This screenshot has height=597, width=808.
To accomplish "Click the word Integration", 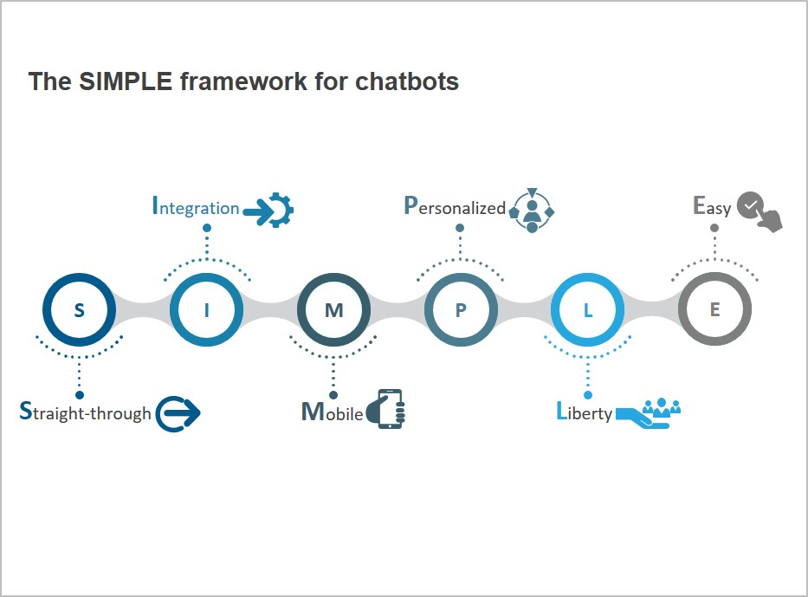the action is click(196, 207).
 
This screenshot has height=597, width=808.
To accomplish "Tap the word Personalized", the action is click(455, 206).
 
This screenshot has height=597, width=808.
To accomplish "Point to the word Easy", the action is click(712, 206).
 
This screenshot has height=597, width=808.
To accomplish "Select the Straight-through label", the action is click(85, 412).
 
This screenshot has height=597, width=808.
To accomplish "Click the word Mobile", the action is click(332, 412).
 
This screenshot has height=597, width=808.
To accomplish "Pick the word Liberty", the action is click(585, 412).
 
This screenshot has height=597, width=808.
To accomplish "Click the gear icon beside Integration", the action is click(268, 210).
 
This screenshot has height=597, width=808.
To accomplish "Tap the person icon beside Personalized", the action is click(532, 211).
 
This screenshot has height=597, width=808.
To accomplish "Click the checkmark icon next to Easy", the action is click(760, 211).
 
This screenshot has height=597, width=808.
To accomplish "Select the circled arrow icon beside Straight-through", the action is click(178, 413).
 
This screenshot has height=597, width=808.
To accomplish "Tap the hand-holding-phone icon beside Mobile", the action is click(385, 409).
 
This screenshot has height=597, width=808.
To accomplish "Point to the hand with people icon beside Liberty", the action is click(649, 413).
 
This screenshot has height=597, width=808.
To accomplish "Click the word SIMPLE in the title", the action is click(126, 81).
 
